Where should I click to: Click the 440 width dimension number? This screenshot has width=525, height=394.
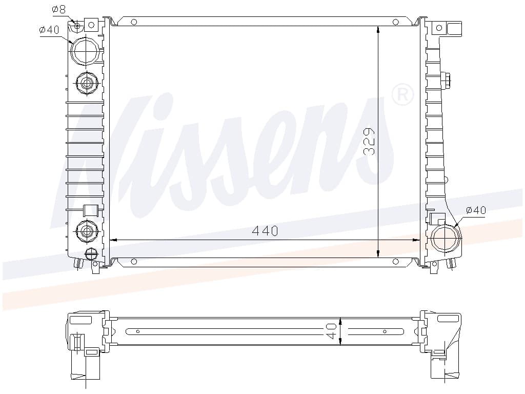(x=265, y=231)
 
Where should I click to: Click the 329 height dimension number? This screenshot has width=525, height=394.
(x=369, y=142)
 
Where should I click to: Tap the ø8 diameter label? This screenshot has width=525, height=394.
(x=58, y=9)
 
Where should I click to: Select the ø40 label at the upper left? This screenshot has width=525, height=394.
(x=49, y=30)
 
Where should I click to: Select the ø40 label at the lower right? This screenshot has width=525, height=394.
(x=476, y=210)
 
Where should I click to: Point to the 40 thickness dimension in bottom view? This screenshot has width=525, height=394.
(x=332, y=331)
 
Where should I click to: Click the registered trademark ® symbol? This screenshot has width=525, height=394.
(x=402, y=94)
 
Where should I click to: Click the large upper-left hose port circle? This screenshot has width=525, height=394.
(x=86, y=51)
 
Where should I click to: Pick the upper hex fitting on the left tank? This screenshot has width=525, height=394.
(x=87, y=83)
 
